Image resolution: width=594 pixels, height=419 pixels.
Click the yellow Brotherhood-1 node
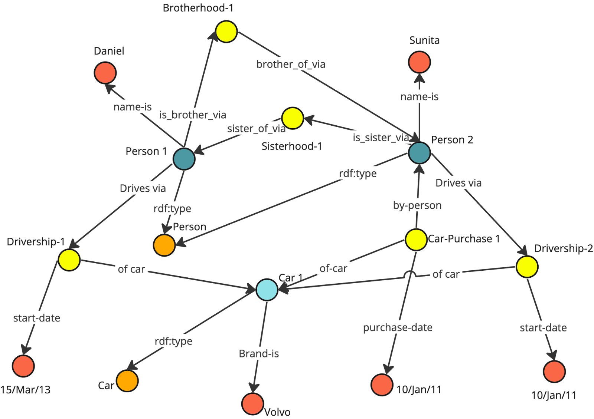[226, 32]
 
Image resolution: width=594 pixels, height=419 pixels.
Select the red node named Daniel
[105, 73]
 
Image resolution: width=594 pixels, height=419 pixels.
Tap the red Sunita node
[419, 62]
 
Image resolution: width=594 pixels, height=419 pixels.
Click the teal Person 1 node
[184, 159]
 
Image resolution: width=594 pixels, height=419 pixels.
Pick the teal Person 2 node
[419, 153]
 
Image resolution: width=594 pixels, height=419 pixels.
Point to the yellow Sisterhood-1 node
[293, 118]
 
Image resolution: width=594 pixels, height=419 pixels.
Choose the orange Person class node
[164, 245]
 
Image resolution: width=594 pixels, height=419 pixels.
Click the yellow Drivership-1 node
[69, 260]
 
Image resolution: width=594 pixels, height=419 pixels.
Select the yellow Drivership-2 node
[527, 267]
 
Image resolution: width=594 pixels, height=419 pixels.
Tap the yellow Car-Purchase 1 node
[416, 240]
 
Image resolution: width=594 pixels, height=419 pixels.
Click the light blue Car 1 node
[267, 290]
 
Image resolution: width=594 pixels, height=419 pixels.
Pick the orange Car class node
[127, 381]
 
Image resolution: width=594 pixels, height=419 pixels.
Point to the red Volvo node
[253, 403]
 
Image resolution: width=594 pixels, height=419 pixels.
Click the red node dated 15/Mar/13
[23, 366]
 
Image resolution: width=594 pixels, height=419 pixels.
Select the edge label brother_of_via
[291, 65]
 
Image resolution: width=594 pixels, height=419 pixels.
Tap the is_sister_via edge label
[381, 138]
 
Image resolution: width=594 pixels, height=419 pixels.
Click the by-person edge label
[417, 205]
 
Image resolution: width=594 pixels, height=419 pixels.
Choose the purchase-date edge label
[398, 328]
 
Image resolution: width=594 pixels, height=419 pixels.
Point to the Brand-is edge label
[259, 354]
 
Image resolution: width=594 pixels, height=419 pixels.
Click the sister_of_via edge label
[256, 129]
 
